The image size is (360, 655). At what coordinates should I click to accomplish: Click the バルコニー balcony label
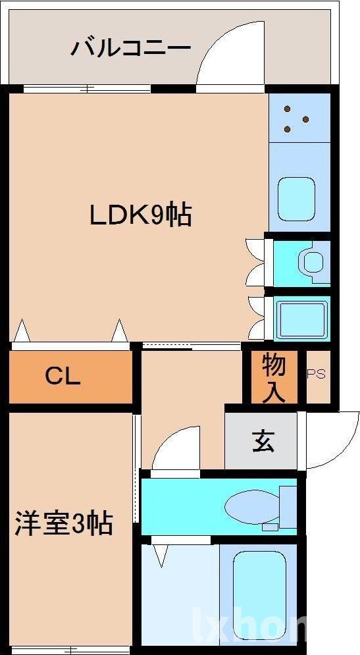(131, 49)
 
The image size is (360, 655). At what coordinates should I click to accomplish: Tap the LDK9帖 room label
(141, 215)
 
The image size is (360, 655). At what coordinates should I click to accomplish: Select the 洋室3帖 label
(64, 524)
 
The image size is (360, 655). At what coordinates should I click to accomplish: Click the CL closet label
(63, 377)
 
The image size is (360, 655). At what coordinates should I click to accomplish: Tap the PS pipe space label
(316, 374)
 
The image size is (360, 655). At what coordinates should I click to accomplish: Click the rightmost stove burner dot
(306, 119)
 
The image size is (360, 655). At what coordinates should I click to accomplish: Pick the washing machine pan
(301, 317)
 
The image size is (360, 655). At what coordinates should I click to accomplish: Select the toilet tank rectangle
(288, 506)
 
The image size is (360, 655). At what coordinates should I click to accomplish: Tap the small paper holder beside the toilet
(269, 527)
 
